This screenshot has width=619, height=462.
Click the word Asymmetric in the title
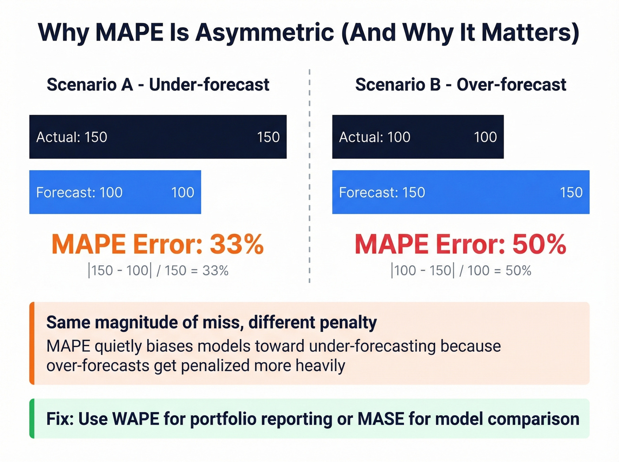click(x=265, y=32)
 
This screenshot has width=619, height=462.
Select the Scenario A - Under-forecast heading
click(x=158, y=84)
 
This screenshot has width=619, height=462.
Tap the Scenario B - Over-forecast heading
click(x=460, y=84)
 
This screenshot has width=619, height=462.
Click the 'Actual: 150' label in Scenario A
click(x=72, y=137)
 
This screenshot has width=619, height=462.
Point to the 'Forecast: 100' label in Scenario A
click(x=79, y=192)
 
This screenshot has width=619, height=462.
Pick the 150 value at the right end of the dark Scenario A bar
click(x=268, y=137)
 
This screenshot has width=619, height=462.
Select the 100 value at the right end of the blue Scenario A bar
click(x=183, y=192)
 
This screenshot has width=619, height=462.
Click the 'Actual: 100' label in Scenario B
click(x=374, y=137)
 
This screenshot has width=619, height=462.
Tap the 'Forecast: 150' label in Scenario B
click(x=382, y=192)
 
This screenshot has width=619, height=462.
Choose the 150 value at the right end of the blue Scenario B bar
click(x=571, y=192)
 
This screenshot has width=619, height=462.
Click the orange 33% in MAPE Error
click(x=237, y=244)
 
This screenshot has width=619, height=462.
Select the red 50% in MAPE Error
click(x=539, y=244)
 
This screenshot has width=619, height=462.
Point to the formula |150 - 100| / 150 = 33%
click(x=158, y=270)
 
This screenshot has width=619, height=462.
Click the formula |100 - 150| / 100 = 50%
click(x=461, y=270)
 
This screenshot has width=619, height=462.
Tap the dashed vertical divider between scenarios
click(x=309, y=177)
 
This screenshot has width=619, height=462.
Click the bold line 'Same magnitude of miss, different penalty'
click(x=211, y=322)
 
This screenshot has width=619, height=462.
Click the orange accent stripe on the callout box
click(x=32, y=343)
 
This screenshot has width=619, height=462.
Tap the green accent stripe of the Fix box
click(x=32, y=418)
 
